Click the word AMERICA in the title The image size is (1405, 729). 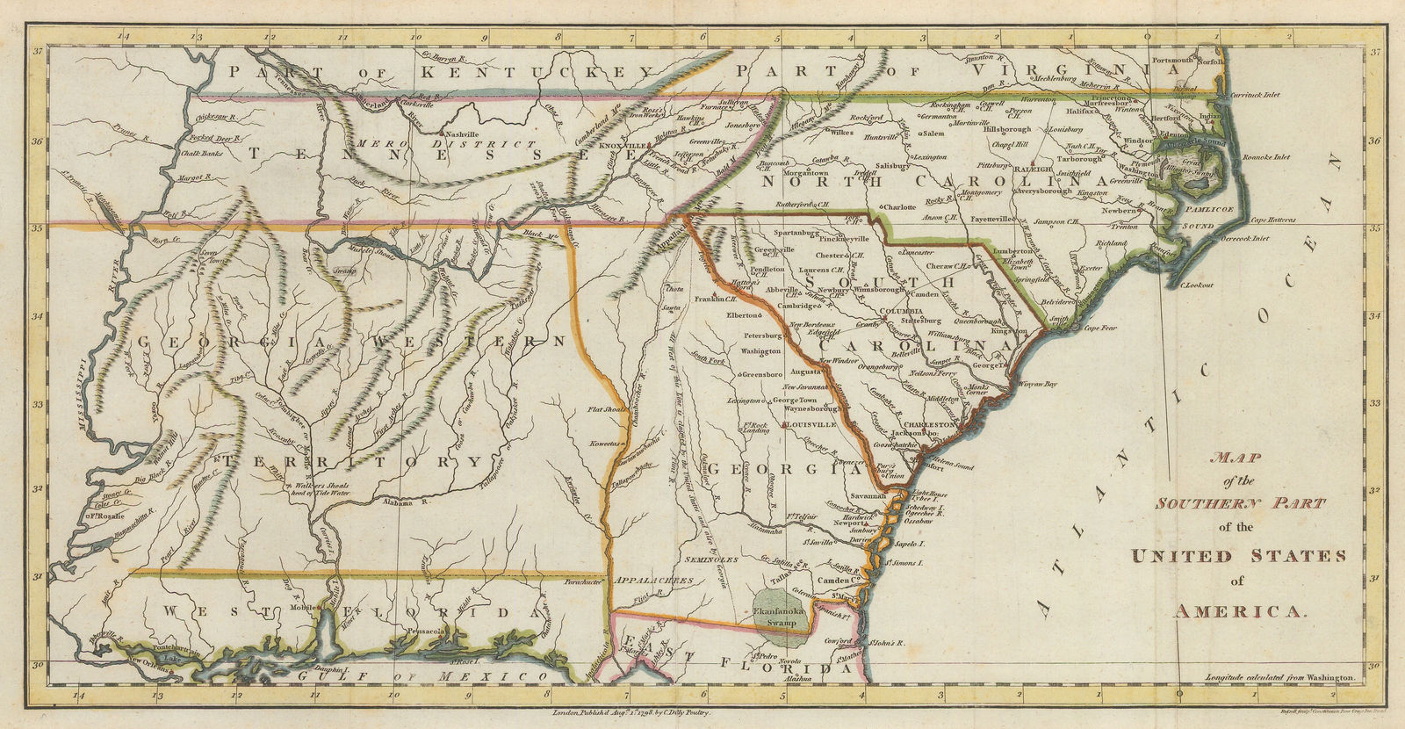pos(1241,612)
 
